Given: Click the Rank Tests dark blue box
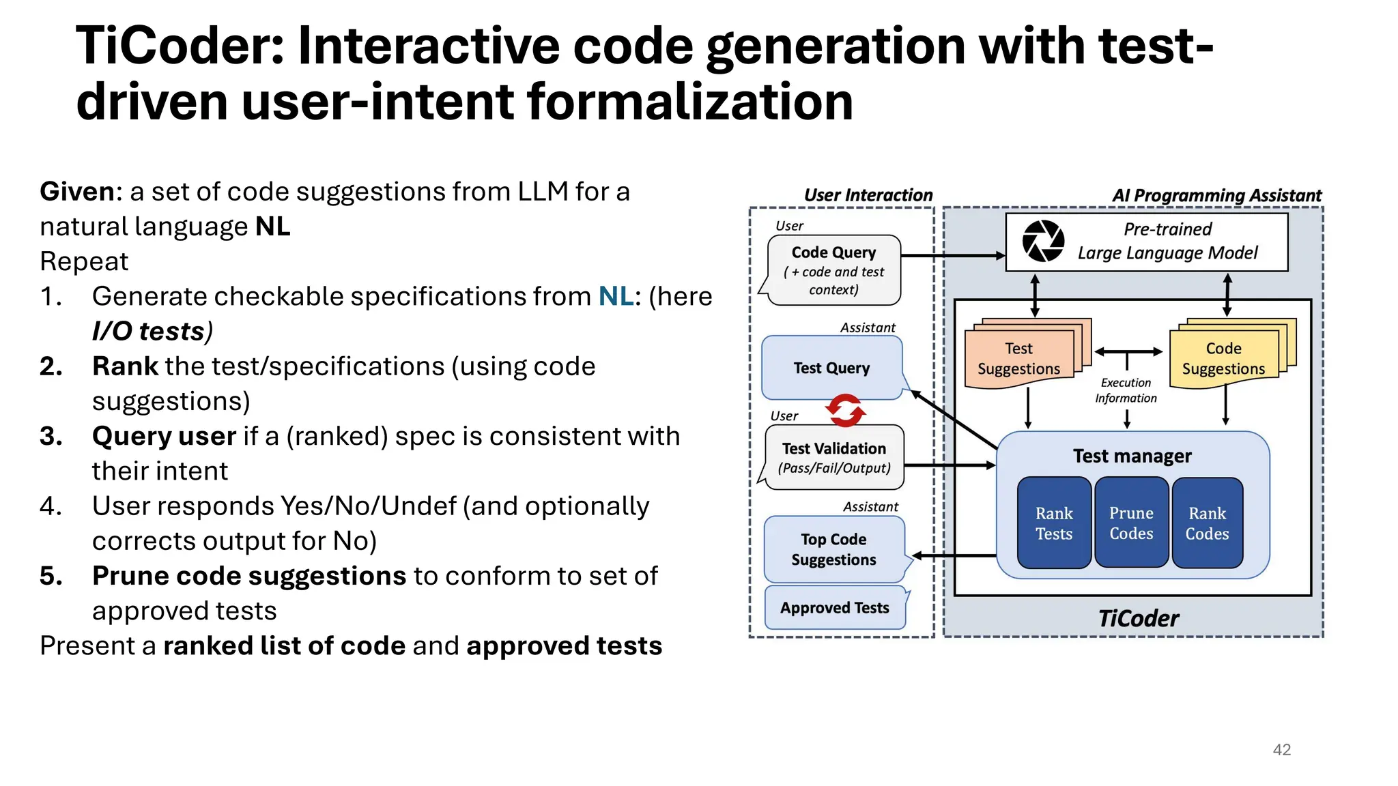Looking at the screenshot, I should pyautogui.click(x=1054, y=523).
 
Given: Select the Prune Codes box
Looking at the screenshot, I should pyautogui.click(x=1131, y=523).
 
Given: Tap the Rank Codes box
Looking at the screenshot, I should pyautogui.click(x=1207, y=523).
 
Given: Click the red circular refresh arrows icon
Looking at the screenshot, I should pyautogui.click(x=845, y=411).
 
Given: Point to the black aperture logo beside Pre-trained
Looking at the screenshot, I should pyautogui.click(x=1043, y=241).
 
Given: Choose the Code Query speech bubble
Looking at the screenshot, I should pyautogui.click(x=833, y=270).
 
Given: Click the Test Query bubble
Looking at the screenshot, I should pyautogui.click(x=831, y=368).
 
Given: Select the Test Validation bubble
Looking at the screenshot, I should pyautogui.click(x=834, y=457).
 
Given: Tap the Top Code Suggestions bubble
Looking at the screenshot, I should pyautogui.click(x=833, y=549).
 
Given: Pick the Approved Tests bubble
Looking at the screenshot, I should pyautogui.click(x=835, y=607).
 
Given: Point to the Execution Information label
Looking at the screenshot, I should pyautogui.click(x=1126, y=390).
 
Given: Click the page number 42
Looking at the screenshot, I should pyautogui.click(x=1281, y=749).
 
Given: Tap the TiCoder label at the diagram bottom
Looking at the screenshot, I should pyautogui.click(x=1138, y=618).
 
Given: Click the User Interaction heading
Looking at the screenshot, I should pyautogui.click(x=868, y=195).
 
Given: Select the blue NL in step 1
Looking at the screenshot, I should pyautogui.click(x=616, y=296).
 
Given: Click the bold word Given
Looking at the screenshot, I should pyautogui.click(x=76, y=192).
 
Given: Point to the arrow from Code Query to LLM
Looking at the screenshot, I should pyautogui.click(x=952, y=256).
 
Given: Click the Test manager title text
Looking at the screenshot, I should pyautogui.click(x=1132, y=456).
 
